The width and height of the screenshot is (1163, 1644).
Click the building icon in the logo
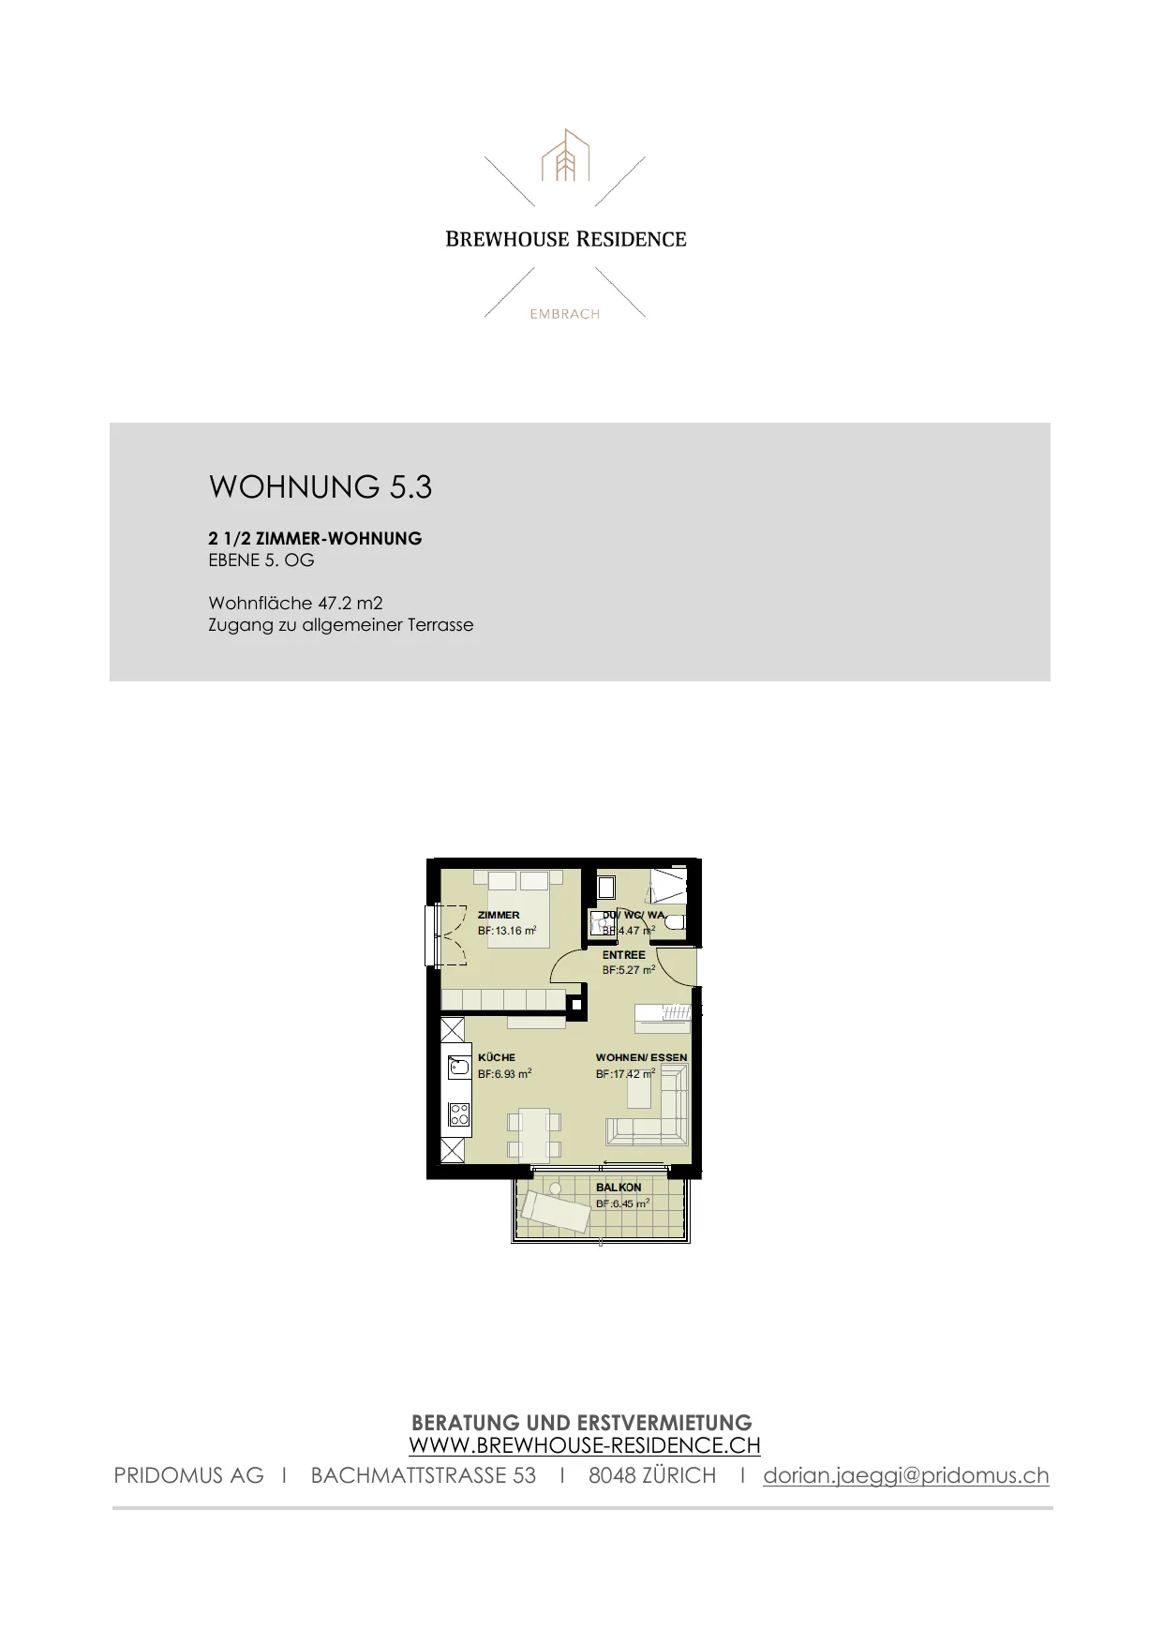(565, 156)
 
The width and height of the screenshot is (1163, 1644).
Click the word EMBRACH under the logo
(564, 314)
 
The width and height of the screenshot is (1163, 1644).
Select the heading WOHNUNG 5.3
(321, 486)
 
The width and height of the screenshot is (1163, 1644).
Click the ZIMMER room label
(499, 915)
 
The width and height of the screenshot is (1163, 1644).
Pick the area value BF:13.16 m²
(507, 931)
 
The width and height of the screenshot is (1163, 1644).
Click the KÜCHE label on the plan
(497, 1057)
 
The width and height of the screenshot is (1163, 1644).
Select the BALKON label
(619, 1188)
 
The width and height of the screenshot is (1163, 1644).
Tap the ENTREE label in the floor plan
(624, 955)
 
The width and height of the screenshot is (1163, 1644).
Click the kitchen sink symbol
(459, 1067)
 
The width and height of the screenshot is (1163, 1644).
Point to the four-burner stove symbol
(459, 1114)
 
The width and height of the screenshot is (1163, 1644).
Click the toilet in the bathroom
(675, 923)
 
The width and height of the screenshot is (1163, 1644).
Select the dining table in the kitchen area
(534, 1135)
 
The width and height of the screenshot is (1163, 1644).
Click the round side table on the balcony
(556, 1188)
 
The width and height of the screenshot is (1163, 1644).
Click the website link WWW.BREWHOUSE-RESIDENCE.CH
(585, 1445)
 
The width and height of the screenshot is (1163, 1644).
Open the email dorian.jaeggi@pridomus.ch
(906, 1475)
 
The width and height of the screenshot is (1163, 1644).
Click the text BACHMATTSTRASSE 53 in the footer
(424, 1475)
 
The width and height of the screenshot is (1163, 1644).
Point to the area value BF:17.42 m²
(626, 1074)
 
